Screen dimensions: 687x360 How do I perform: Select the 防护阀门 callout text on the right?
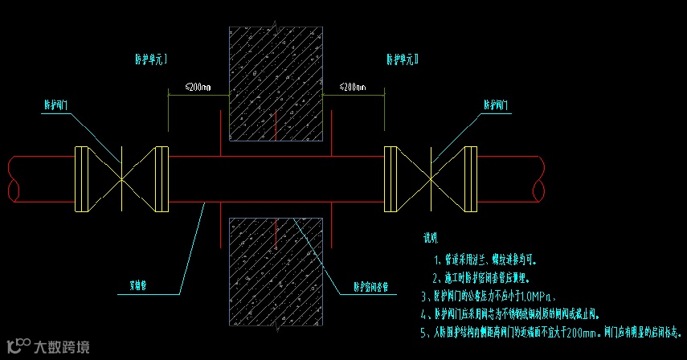click(499, 105)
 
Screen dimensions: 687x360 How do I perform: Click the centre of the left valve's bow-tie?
click(121, 178)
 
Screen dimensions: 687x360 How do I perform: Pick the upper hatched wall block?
click(276, 84)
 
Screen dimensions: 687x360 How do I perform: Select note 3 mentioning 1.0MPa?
click(489, 296)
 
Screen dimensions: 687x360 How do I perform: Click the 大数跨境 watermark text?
click(61, 347)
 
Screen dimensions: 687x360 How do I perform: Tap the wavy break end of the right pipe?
click(536, 178)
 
